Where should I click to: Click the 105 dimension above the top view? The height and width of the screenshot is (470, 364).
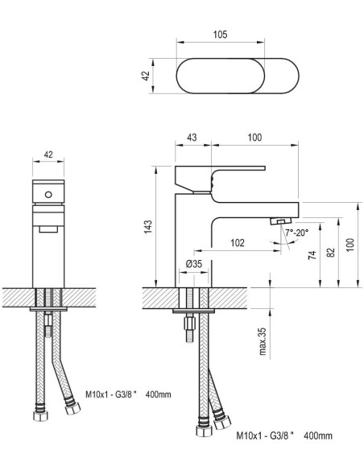point(220,35)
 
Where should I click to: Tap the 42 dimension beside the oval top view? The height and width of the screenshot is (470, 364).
point(146,76)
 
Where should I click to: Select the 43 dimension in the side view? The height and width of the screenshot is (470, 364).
point(192,138)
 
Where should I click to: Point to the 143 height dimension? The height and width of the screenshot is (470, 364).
point(148,227)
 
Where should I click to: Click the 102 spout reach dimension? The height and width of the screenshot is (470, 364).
point(238,242)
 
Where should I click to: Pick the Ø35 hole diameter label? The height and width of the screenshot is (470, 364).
point(194,264)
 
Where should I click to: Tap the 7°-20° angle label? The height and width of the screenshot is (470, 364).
point(297,233)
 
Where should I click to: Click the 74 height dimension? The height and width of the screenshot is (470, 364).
point(312,255)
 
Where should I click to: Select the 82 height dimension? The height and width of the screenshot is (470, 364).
point(330,253)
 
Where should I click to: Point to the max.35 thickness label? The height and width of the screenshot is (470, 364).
point(263,341)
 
